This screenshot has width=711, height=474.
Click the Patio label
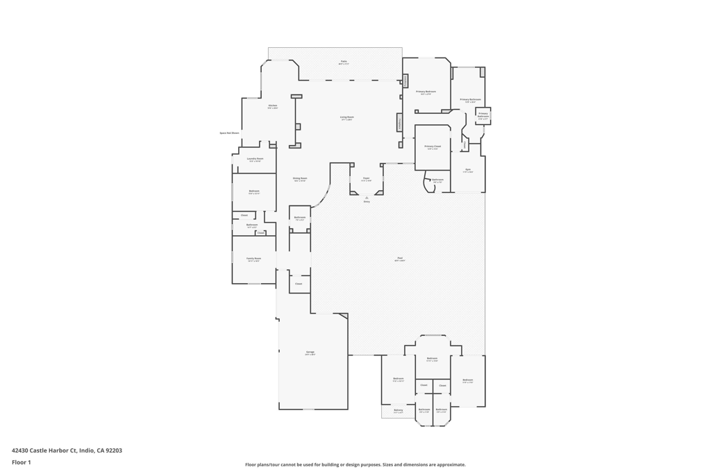click(344, 61)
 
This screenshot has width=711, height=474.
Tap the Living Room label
click(347, 117)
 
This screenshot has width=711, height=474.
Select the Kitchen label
click(273, 105)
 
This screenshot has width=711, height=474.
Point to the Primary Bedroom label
click(426, 92)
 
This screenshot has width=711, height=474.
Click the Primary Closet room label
click(433, 146)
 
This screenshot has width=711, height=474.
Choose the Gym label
click(468, 169)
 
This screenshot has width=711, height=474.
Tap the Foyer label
click(366, 178)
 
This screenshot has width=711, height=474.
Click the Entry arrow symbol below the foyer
click(366, 197)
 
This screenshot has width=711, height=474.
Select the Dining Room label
click(300, 178)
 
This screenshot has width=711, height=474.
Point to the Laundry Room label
click(255, 159)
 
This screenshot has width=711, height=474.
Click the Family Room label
click(253, 258)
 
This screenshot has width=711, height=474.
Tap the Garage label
click(310, 352)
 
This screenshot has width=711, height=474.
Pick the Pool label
click(400, 258)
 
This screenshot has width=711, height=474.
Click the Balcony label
click(398, 409)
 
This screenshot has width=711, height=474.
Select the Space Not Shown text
click(229, 133)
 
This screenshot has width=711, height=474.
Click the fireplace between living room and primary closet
click(399, 123)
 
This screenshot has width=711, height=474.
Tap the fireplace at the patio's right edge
click(405, 81)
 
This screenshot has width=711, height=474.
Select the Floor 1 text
click(21, 462)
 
